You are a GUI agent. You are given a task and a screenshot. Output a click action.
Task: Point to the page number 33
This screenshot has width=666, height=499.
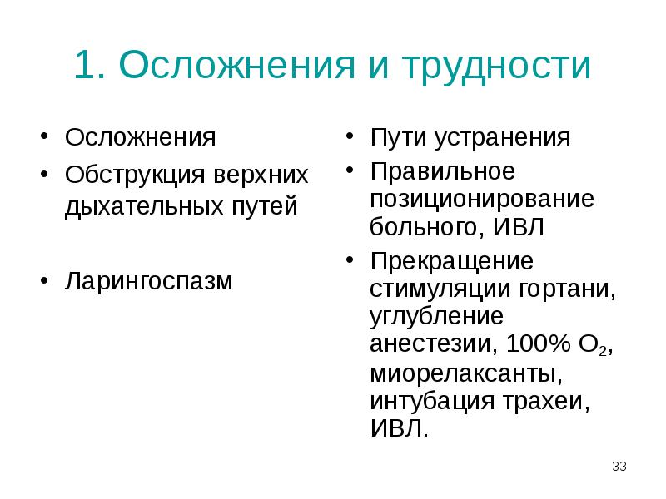pyautogui.click(x=619, y=466)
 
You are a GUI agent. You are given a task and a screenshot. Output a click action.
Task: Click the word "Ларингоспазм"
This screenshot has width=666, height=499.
pyautogui.click(x=150, y=280)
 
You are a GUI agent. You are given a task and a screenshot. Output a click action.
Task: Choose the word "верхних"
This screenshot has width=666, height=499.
pyautogui.click(x=263, y=175)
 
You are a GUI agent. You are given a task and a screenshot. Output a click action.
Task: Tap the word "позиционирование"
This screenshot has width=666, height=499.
pyautogui.click(x=483, y=200)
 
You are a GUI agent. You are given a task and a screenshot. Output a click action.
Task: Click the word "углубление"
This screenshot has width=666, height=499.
pyautogui.click(x=438, y=317)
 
